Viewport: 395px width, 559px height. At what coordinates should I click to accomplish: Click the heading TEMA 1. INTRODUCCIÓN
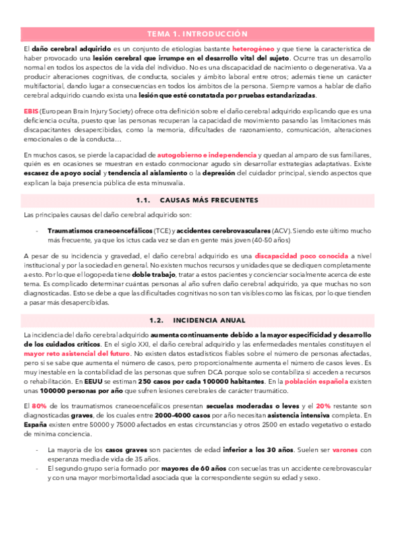click(197, 33)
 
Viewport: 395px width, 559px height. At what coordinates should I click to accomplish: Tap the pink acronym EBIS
click(31, 109)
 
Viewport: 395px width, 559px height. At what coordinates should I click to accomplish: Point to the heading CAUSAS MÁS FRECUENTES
click(209, 199)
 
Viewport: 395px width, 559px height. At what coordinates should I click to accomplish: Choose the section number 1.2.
click(156, 320)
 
